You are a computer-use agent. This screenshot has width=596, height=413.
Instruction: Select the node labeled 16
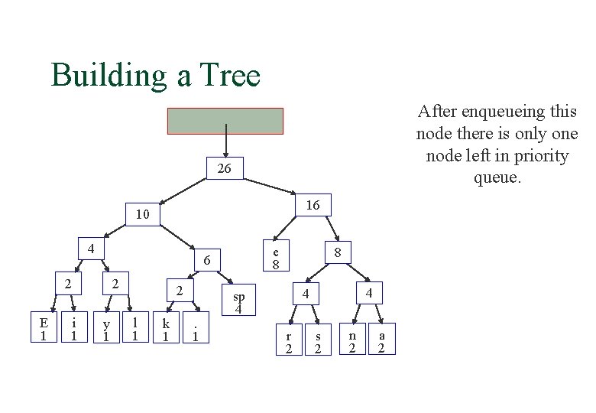(313, 205)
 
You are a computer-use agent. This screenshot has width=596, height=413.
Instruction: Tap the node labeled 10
(142, 216)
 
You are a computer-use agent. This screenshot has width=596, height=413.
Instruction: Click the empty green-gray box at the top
(225, 121)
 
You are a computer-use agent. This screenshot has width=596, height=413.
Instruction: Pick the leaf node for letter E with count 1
(44, 329)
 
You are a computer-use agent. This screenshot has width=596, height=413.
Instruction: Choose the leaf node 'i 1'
(73, 329)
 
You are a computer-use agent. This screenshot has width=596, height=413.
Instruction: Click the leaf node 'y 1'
(105, 329)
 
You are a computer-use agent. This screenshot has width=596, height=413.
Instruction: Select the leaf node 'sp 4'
(238, 302)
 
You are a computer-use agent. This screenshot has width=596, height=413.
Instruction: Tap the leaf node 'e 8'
(277, 258)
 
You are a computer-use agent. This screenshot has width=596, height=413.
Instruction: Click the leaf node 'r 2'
(288, 342)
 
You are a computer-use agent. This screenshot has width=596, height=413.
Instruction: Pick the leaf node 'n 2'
(351, 342)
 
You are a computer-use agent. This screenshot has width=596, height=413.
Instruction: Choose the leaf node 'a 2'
(381, 342)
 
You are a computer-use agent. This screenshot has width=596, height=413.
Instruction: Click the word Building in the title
(110, 75)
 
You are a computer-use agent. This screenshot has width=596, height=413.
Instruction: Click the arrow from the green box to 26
(225, 146)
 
